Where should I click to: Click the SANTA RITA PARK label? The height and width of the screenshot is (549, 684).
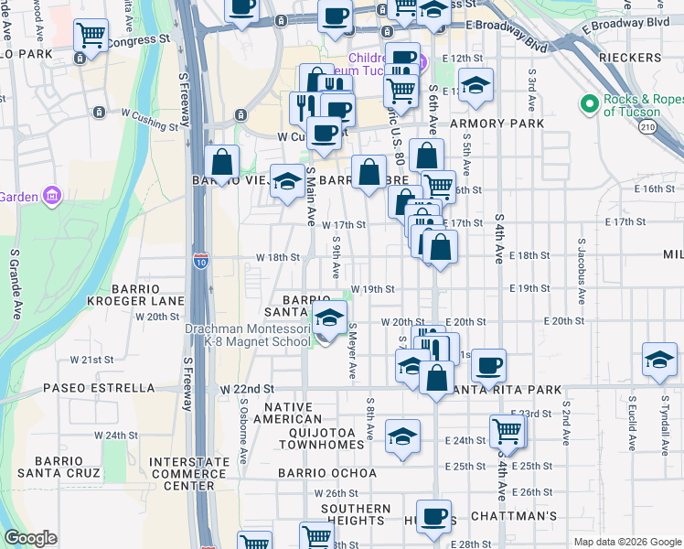508,390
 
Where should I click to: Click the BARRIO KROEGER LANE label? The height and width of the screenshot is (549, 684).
135,294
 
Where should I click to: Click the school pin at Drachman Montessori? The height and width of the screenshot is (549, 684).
329,319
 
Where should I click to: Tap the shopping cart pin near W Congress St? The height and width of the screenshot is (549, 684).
91,36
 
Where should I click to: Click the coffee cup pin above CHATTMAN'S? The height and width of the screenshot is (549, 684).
434,515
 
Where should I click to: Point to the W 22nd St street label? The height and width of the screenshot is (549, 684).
247,389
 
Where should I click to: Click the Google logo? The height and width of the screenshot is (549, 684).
31,538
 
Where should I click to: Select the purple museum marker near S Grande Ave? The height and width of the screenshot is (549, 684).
52,196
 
